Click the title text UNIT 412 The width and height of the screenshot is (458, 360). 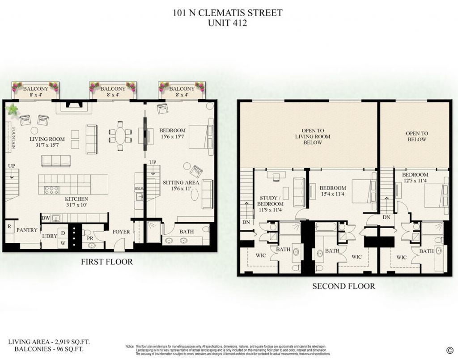(228, 23)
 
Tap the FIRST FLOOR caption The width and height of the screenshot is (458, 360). (106, 262)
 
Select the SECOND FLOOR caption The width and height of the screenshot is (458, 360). (343, 286)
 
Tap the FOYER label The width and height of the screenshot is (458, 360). (121, 232)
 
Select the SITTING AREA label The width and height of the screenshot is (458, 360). (181, 182)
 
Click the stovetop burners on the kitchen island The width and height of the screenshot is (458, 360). (51, 190)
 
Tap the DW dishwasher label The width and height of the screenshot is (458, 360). (45, 218)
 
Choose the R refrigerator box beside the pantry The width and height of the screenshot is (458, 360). (9, 226)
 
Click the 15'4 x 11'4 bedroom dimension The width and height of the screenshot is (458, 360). (333, 195)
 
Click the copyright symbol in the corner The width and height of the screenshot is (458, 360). (449, 350)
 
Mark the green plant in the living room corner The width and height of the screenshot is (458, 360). (12, 109)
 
